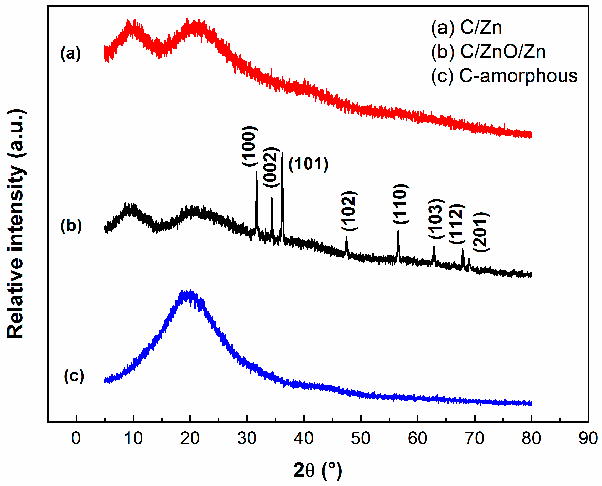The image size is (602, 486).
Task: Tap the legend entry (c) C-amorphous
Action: click(x=504, y=76)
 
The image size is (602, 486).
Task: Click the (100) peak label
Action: click(x=249, y=146)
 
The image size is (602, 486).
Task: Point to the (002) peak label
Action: click(x=271, y=167)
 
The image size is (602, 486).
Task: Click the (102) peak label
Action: click(x=349, y=211)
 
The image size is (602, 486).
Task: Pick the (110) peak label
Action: click(x=401, y=204)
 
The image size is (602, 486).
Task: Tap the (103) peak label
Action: click(x=436, y=219)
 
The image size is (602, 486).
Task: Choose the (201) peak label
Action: click(x=481, y=232)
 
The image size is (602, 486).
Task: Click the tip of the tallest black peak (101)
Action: click(x=282, y=153)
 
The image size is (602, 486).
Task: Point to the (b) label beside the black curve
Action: click(x=71, y=226)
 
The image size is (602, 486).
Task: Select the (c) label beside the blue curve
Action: click(x=74, y=376)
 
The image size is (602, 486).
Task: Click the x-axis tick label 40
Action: click(x=303, y=438)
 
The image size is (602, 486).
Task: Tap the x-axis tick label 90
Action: click(x=588, y=438)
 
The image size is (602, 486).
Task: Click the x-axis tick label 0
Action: click(x=76, y=438)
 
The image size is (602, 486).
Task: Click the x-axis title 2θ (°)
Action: click(x=317, y=470)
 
